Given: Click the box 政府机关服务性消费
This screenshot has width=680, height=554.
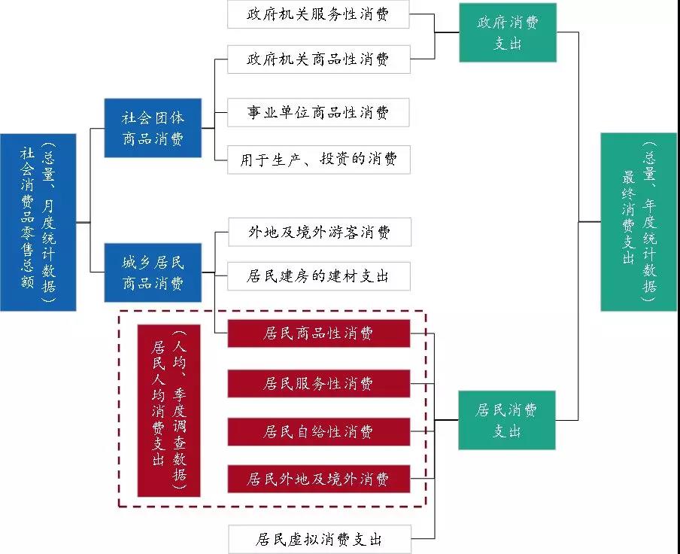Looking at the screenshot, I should [x=319, y=14].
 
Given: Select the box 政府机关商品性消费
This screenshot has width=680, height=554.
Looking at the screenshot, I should [x=319, y=59].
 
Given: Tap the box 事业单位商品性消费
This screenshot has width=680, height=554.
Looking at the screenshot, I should [x=319, y=113].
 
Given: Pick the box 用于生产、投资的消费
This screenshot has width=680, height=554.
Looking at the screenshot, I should [x=319, y=160].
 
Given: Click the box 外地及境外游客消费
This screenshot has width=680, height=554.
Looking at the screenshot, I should [x=319, y=232].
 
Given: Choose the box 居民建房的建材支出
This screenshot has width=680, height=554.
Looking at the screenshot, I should [x=319, y=276].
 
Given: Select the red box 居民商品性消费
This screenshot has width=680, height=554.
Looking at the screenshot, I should [x=319, y=333].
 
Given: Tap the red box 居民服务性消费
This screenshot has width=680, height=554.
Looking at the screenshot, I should [x=319, y=383].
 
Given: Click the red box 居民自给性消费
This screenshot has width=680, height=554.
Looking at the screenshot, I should [x=319, y=431].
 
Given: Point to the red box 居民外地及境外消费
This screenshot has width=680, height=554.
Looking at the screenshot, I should [x=319, y=479].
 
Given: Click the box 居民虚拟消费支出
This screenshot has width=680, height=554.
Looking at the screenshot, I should [x=319, y=540].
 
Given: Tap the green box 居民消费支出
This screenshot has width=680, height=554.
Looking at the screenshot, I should [x=508, y=420].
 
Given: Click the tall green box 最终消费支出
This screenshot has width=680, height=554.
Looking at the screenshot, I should [x=639, y=221].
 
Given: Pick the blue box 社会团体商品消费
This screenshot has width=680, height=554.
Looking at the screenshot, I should [x=153, y=128].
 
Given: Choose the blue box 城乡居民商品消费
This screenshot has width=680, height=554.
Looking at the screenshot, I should [x=153, y=272].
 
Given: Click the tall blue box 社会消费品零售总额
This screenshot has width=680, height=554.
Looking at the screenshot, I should [x=38, y=222].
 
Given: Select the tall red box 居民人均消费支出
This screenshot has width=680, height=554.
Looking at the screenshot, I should [x=168, y=410].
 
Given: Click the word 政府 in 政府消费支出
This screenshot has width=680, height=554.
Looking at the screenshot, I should [x=491, y=23].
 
